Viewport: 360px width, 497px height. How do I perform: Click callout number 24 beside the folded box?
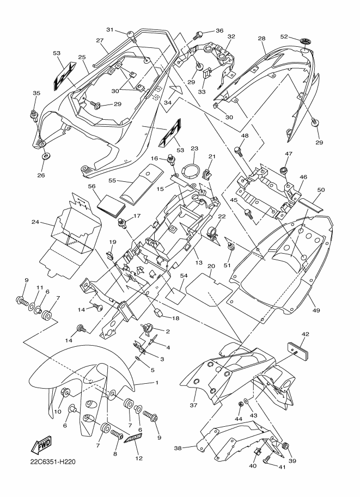tap(36, 222)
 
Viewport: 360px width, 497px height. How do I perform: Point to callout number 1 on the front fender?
tap(157, 383)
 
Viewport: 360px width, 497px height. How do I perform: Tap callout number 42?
tap(306, 334)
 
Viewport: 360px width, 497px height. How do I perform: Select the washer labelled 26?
tap(45, 157)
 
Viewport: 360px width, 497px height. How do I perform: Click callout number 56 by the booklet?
tap(92, 186)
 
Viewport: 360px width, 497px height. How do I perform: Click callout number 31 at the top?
tap(109, 29)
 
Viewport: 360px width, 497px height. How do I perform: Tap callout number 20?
tap(210, 267)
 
